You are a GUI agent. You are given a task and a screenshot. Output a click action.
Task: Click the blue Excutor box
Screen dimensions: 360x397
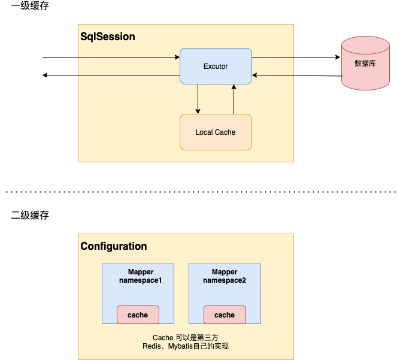tap(216, 66)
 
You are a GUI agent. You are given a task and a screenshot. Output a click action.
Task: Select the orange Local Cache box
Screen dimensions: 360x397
tap(216, 132)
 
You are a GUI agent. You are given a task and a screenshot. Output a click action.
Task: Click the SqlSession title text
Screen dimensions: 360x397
tap(108, 37)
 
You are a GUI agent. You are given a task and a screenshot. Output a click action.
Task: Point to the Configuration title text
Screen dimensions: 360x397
tap(114, 246)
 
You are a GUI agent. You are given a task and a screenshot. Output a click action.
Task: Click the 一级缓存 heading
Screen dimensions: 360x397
tap(30, 7)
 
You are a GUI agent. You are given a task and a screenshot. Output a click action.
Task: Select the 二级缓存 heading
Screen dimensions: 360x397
tap(30, 216)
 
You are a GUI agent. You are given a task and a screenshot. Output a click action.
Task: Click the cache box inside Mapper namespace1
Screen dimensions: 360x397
tap(138, 314)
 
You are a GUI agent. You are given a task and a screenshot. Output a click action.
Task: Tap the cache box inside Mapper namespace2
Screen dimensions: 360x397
tap(225, 314)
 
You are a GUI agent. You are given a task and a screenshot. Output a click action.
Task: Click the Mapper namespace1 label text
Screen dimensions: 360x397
tap(141, 276)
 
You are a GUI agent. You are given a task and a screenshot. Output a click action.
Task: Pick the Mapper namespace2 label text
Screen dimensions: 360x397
tap(225, 276)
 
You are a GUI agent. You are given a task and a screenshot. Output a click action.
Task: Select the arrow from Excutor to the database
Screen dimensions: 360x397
tap(296, 58)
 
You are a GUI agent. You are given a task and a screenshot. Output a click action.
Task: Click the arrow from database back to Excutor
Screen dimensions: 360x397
tap(296, 75)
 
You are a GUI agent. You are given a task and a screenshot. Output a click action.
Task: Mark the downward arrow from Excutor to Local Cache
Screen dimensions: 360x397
tap(198, 99)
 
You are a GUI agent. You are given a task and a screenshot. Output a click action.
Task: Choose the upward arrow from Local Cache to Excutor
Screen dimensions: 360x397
tap(234, 99)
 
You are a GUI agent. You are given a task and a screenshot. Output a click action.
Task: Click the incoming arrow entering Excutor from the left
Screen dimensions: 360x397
tap(111, 58)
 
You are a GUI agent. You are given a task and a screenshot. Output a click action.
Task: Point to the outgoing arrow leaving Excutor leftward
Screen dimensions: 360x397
tap(111, 75)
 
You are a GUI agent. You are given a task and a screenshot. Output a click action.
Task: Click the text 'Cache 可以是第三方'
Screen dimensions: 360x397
tap(185, 337)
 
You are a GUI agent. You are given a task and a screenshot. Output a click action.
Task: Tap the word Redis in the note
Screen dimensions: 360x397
tap(152, 346)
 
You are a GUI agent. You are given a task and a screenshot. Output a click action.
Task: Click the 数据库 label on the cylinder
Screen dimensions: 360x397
tap(365, 63)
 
